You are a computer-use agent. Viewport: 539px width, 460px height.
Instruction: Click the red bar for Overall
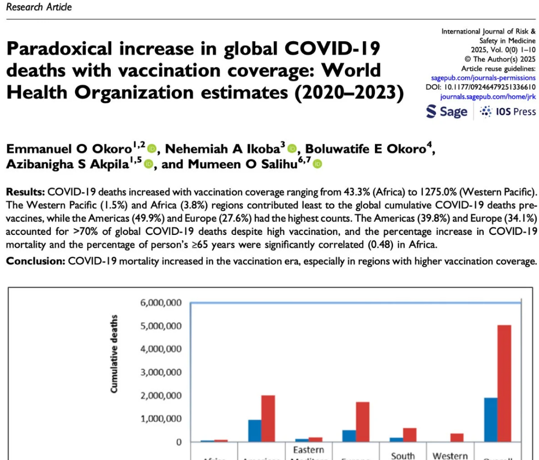pos(504,383)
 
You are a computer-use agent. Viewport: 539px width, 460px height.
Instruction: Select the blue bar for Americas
pos(254,431)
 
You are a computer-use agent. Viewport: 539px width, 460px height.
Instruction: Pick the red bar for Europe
pos(363,422)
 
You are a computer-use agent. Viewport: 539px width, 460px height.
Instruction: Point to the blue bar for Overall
pos(490,420)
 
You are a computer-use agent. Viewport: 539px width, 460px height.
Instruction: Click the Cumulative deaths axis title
pos(114,354)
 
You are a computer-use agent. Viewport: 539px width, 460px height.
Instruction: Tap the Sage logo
pos(446,112)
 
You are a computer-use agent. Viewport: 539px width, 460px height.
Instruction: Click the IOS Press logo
pos(508,112)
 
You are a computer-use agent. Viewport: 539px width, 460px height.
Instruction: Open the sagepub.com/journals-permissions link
pos(483,78)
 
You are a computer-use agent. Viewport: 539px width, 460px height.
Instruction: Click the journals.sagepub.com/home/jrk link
pos(488,97)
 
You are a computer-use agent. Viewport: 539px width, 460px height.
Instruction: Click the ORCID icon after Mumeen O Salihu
pos(318,164)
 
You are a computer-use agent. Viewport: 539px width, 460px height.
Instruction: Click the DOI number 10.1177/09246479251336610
pos(491,88)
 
